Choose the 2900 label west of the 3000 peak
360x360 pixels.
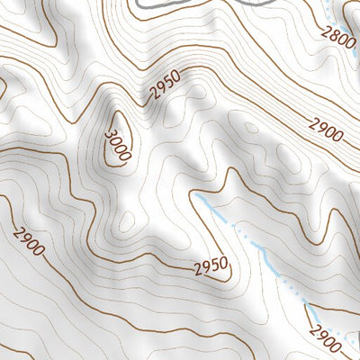[30, 241]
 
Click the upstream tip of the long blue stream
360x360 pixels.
[195, 193]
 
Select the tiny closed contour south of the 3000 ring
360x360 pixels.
[129, 221]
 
